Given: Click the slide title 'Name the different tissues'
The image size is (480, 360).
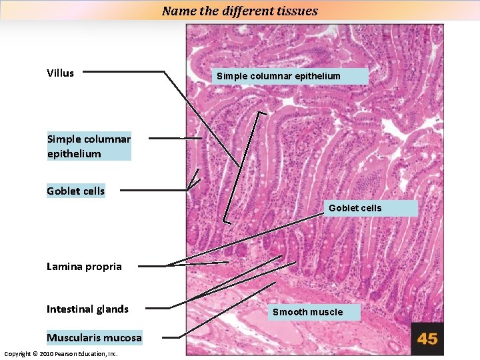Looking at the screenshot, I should [x=240, y=11].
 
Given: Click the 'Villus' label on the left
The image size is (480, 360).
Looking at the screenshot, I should [x=61, y=73].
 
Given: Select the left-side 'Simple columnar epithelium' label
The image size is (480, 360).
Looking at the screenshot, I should [x=89, y=146].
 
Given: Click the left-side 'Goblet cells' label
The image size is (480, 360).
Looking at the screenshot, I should [x=75, y=191].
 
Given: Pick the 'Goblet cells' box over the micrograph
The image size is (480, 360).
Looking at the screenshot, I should [x=355, y=208].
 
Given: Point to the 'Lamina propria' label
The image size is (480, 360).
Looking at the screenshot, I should [x=84, y=267].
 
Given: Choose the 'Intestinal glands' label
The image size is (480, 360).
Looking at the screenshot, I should [x=87, y=309].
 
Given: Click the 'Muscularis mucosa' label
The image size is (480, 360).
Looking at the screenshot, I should [x=94, y=338].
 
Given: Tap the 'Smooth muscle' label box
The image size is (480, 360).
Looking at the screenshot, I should [x=308, y=312].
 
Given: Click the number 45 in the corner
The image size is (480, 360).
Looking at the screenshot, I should [x=427, y=339].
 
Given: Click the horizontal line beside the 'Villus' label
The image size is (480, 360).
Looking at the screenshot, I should [x=123, y=71].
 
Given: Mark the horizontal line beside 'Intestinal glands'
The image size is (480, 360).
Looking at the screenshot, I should [x=157, y=309].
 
